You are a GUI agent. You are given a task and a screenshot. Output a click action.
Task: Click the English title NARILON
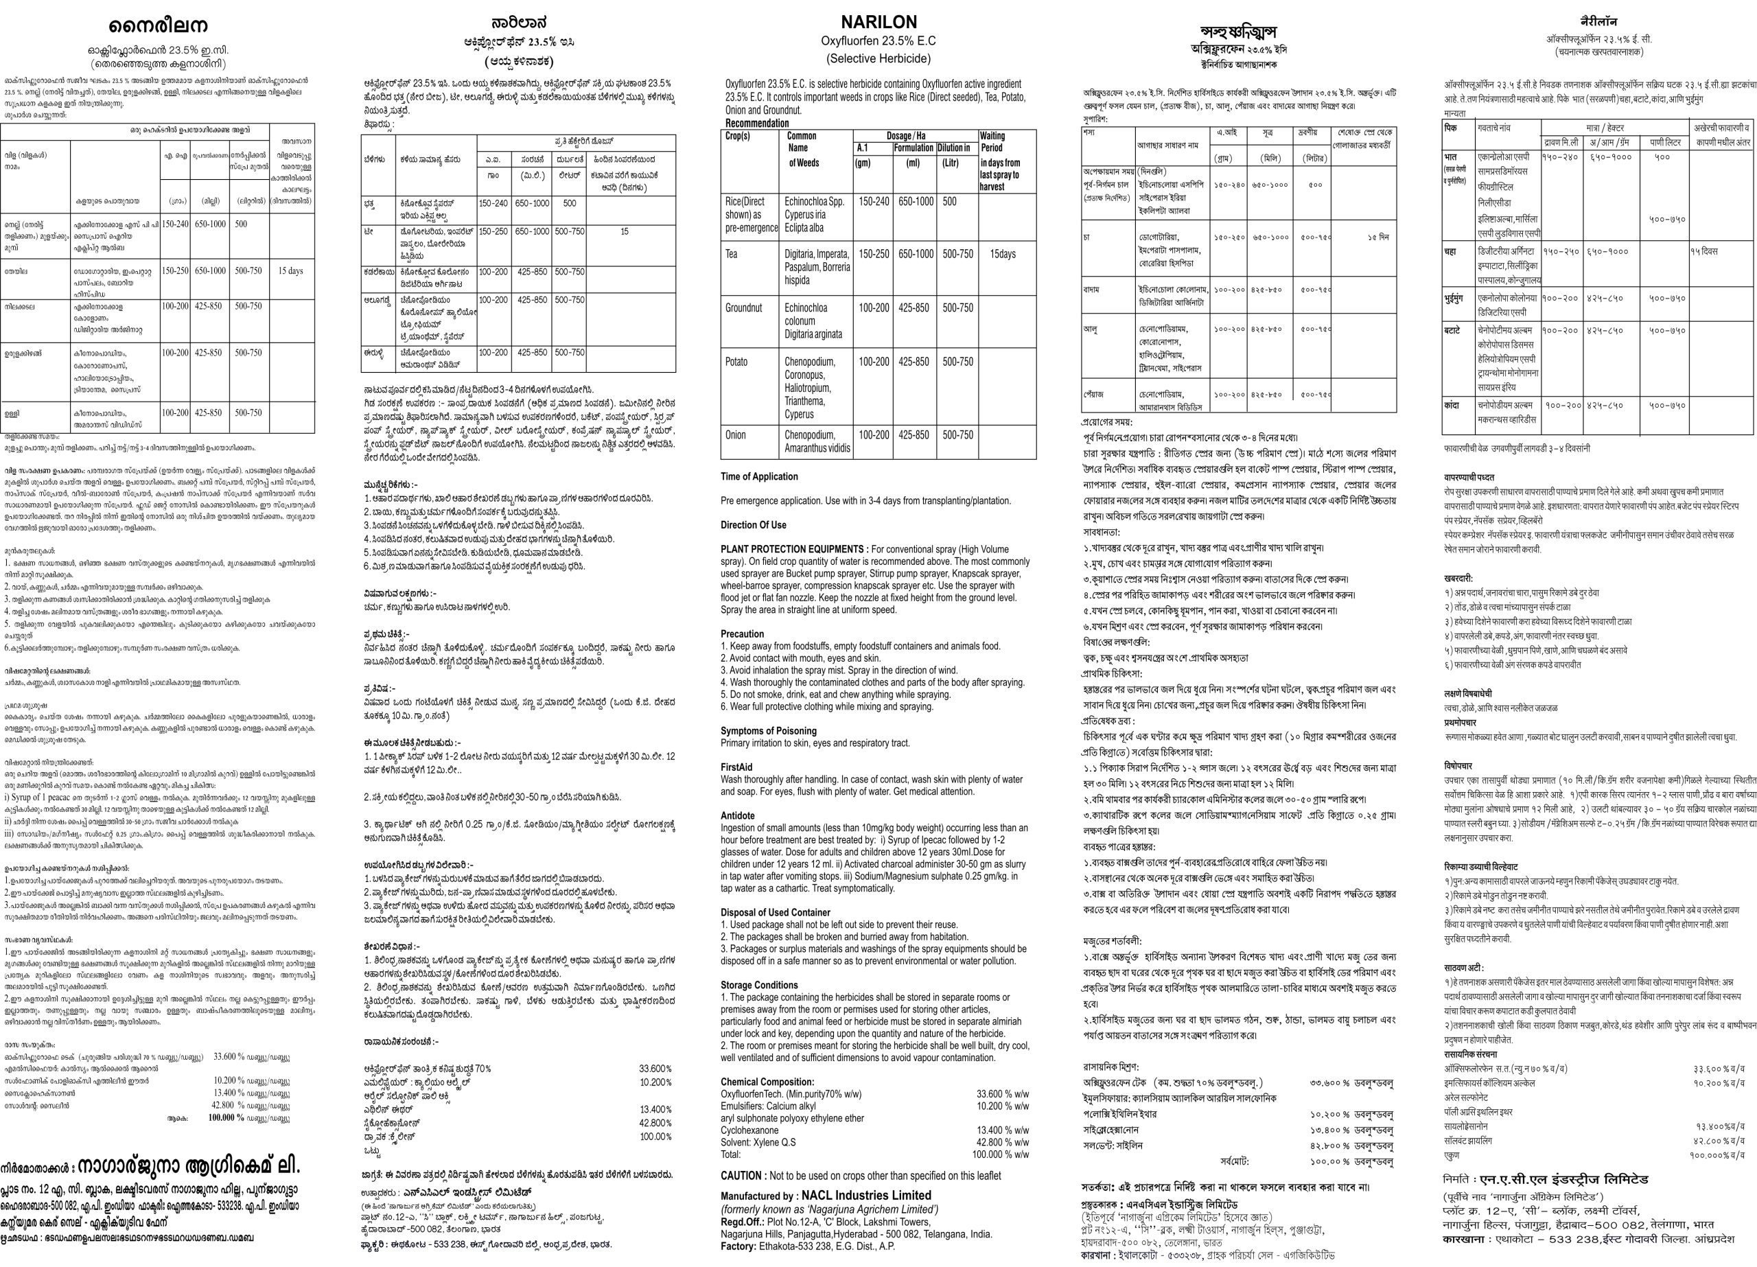point(878,22)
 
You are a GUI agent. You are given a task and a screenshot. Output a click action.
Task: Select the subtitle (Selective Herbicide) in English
point(878,59)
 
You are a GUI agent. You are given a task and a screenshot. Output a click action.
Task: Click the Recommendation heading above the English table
point(757,124)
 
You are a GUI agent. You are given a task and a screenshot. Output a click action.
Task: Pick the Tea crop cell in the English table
point(732,254)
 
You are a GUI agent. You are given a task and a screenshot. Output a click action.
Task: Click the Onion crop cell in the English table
point(736,434)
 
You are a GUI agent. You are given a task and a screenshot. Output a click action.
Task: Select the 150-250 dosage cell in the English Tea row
point(874,254)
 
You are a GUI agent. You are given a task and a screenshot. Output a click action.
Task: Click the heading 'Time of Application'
point(758,476)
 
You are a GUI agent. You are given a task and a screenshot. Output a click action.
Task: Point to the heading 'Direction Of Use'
point(753,524)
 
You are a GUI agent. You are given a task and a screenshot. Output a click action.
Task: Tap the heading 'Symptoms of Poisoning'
point(769,731)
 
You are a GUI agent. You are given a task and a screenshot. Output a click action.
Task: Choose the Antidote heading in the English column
point(738,816)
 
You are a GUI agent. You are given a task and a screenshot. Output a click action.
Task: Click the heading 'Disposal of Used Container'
point(776,912)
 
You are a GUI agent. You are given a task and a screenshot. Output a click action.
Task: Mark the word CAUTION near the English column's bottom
point(741,1176)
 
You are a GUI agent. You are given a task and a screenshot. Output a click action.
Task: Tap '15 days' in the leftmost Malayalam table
point(290,271)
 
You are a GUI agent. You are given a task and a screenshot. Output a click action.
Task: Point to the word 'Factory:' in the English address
point(738,1246)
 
